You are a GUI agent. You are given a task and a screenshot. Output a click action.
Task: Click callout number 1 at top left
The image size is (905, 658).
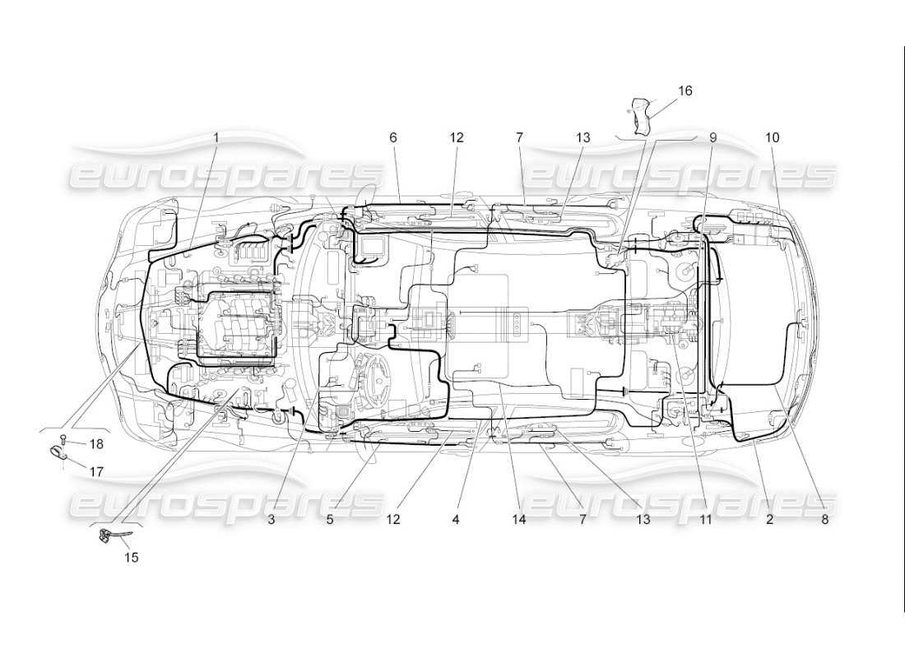tap(216, 138)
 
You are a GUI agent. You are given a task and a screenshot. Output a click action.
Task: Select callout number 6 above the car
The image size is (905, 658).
tap(393, 138)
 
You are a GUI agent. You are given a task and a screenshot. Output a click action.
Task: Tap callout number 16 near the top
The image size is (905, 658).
tap(685, 90)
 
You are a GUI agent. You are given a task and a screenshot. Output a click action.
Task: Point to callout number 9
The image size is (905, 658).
tap(712, 138)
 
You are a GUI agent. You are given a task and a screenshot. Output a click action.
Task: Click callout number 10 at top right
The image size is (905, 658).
tap(772, 138)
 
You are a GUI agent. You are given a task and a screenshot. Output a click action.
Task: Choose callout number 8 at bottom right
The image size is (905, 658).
tap(824, 519)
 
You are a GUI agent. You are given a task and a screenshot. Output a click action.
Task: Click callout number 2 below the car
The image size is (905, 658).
tap(769, 519)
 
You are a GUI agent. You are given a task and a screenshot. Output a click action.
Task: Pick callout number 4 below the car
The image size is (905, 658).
tap(455, 519)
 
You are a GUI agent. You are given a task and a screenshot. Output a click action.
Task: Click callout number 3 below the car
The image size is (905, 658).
tap(270, 519)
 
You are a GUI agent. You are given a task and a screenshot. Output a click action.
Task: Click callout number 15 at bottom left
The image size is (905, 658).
tap(132, 558)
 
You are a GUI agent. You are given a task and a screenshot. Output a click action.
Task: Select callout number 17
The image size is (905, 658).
tap(97, 472)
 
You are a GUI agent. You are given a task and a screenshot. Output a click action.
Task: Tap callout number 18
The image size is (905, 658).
tap(97, 444)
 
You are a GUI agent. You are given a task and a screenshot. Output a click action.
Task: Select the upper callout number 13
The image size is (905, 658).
tap(583, 138)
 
